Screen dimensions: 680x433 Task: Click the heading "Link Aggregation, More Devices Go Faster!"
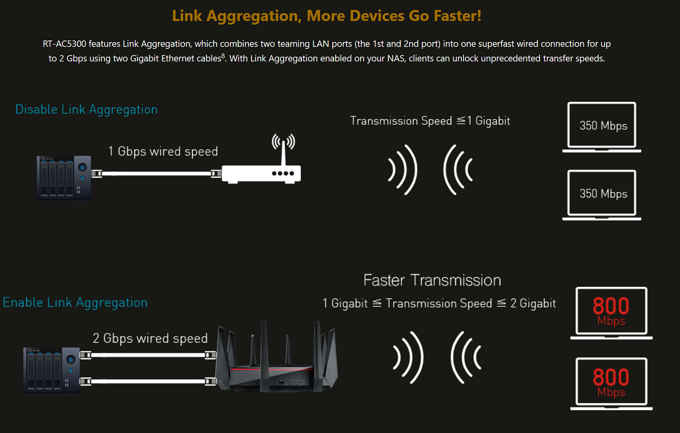point(327,16)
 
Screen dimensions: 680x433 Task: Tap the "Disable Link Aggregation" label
point(87,109)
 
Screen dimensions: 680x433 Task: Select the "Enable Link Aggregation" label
point(75,303)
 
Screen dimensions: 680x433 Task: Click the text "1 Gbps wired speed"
point(163,152)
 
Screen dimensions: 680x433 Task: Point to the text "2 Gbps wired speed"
point(150,338)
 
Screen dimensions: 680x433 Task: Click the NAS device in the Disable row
point(64,178)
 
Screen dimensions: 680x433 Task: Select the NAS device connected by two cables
point(52,371)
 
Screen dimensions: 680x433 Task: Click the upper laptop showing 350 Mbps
point(602,127)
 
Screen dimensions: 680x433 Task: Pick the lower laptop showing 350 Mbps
point(602,195)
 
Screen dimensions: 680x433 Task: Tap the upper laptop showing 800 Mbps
point(611,313)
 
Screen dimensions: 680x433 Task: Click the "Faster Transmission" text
point(432,280)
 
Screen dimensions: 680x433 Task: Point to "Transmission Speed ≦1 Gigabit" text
point(430,121)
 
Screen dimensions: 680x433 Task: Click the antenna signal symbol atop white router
point(283,142)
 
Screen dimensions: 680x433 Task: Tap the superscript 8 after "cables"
point(223,56)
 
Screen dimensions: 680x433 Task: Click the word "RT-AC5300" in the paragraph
point(65,44)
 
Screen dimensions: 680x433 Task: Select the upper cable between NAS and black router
point(148,355)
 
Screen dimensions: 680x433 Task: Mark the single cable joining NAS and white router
point(157,174)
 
